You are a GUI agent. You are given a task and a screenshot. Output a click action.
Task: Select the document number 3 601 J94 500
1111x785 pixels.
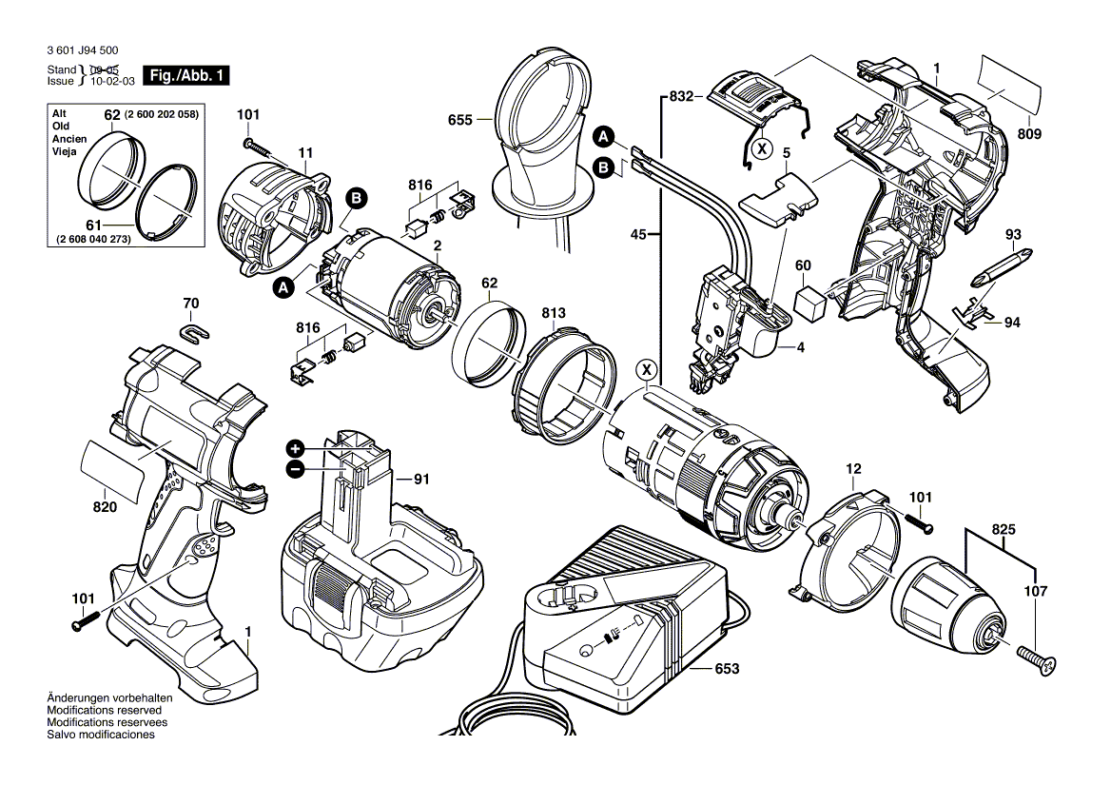[82, 50]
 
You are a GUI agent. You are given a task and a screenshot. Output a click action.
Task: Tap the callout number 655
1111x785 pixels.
[459, 120]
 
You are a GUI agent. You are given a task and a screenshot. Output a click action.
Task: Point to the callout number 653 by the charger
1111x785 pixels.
[726, 670]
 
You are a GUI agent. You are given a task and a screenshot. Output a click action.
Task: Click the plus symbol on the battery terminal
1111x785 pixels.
[296, 448]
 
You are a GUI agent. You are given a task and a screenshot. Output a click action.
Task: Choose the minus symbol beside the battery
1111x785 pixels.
[296, 468]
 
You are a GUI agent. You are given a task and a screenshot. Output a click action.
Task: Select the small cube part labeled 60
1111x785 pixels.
[810, 302]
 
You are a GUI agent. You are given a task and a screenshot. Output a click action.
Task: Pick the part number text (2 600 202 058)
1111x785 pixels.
[163, 114]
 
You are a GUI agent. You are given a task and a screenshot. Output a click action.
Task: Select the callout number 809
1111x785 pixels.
[1027, 134]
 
